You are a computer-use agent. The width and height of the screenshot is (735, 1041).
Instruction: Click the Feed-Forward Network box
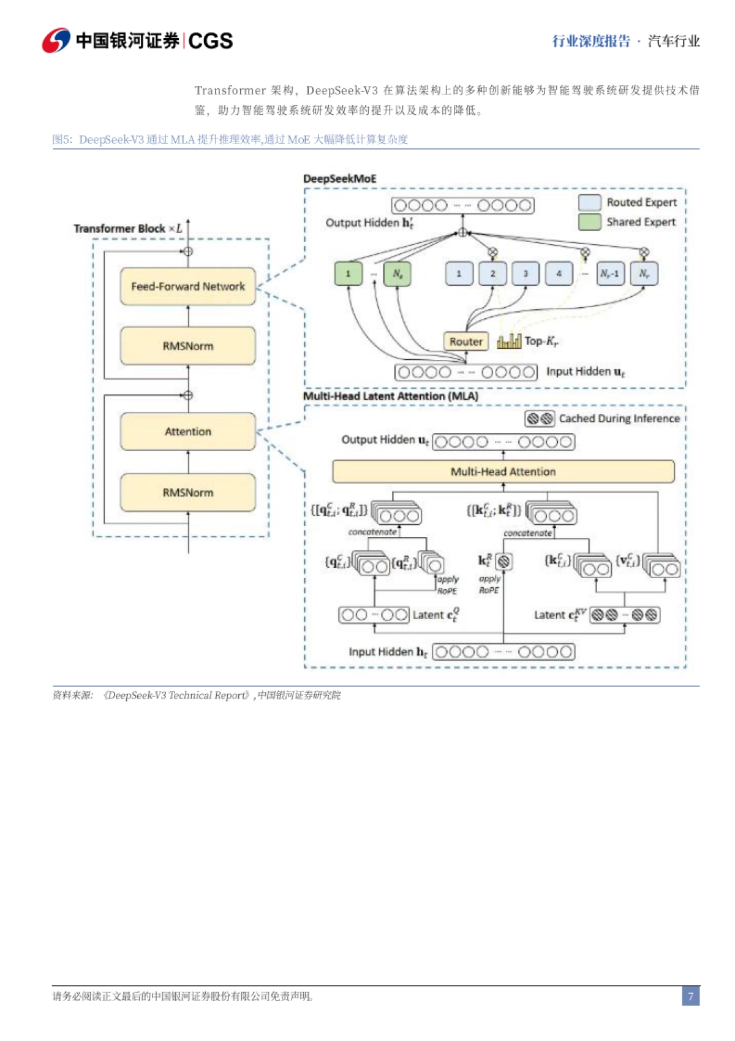(x=187, y=286)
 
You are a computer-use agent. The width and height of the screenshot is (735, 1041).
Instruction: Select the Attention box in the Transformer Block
(x=187, y=432)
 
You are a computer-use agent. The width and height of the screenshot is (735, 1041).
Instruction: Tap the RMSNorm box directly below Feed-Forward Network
(x=187, y=346)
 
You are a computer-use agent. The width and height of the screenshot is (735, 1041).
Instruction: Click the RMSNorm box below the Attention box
(x=187, y=492)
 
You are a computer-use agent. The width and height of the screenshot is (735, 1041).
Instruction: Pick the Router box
(x=466, y=341)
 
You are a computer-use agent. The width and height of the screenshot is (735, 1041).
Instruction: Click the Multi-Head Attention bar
(x=503, y=471)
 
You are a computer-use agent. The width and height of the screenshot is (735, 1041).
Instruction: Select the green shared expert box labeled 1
(x=348, y=273)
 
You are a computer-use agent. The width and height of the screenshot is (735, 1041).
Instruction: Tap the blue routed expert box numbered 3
(x=525, y=273)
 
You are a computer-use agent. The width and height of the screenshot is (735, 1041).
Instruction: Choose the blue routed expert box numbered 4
(x=558, y=273)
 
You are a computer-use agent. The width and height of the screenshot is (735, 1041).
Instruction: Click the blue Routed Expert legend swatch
(x=589, y=202)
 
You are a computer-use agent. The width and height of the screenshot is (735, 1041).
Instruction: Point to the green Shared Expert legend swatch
(x=589, y=222)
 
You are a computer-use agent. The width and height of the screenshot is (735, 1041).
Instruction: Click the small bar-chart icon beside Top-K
(x=508, y=341)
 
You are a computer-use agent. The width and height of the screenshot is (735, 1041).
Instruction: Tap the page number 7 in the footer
(x=690, y=996)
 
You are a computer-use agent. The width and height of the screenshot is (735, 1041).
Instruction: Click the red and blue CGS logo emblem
(x=56, y=40)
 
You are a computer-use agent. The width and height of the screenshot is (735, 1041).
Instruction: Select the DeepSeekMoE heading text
(x=340, y=178)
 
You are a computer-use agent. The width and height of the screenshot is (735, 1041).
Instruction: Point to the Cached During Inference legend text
(x=619, y=418)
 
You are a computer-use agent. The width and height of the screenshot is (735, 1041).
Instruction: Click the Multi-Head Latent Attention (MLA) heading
(x=391, y=396)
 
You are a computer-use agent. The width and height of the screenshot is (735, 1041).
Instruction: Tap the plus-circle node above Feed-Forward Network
(x=188, y=251)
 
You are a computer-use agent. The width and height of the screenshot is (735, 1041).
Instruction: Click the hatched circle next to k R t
(x=503, y=561)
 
